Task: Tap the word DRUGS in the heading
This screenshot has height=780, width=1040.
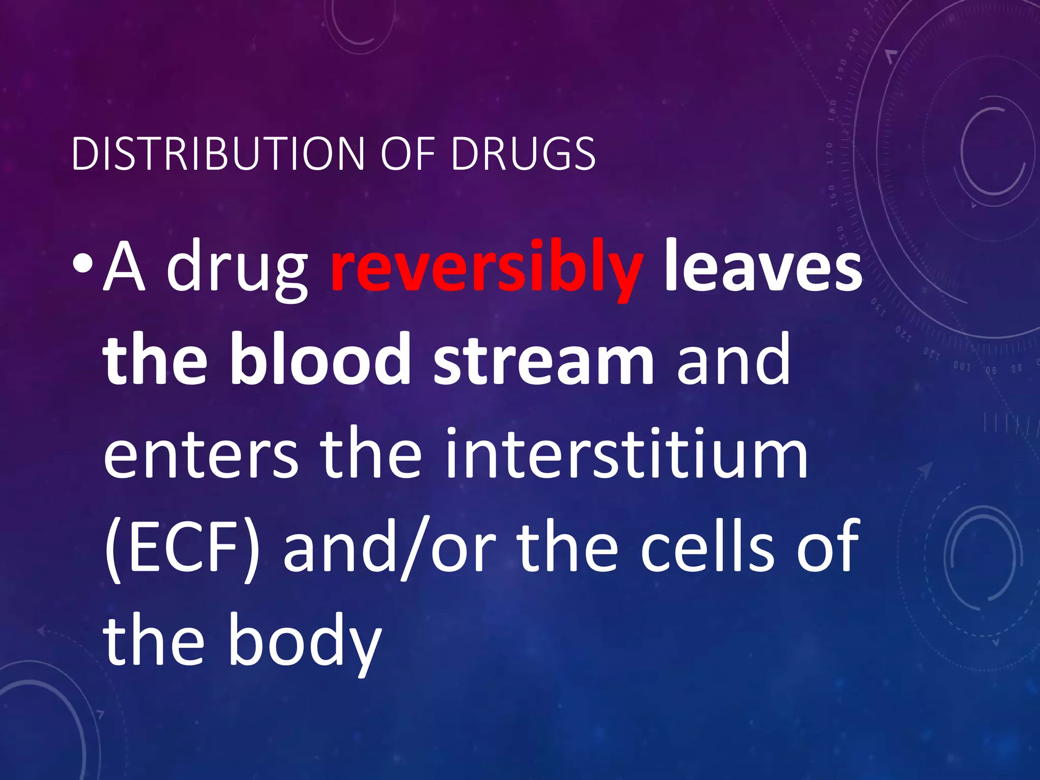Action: pos(523,153)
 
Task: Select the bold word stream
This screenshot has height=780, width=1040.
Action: pos(544,361)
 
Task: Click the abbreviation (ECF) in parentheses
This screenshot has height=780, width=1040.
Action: pos(181,547)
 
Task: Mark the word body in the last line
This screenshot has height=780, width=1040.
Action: pos(305,641)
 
